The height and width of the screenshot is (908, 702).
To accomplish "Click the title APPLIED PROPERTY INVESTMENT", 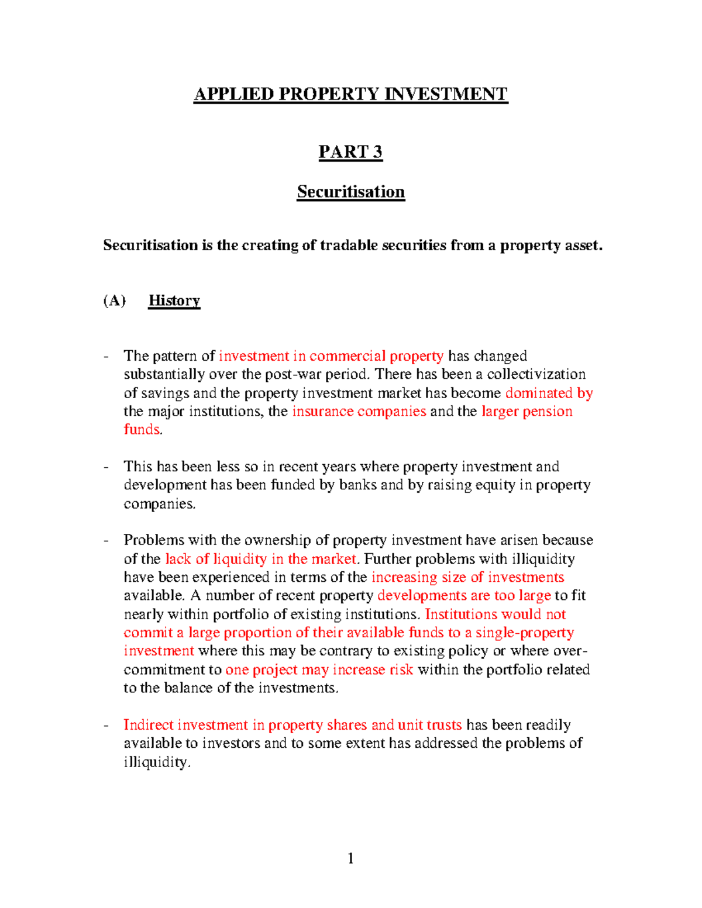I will coord(350,94).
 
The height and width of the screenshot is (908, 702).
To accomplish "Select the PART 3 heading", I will coord(350,152).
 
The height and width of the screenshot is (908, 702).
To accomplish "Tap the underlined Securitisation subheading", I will coord(350,192).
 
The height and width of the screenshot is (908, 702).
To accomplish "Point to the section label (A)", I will coord(115,301).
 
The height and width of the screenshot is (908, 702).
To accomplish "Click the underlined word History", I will coord(174,301).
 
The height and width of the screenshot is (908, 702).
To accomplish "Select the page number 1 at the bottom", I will coord(350,858).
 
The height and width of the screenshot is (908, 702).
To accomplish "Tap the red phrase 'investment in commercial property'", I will coord(331,356).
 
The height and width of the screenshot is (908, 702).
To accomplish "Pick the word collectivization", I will coord(536,374).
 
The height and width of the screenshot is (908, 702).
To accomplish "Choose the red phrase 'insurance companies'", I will coord(359,411).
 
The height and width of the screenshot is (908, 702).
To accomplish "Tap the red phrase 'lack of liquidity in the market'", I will coord(261,559).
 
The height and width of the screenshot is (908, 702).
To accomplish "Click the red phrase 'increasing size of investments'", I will coord(467,578).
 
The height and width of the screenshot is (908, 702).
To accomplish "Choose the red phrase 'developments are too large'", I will coord(464,596).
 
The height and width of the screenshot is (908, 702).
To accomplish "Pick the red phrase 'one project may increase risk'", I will coord(319,669).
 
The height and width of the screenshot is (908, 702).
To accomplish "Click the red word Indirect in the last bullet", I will coord(149,725).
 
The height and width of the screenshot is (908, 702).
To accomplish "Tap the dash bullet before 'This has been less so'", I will coord(106,467).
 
